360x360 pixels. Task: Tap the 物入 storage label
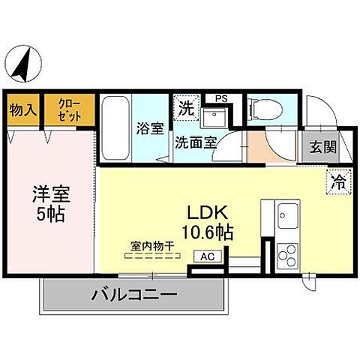click(x=22, y=110)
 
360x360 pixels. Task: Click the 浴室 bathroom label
click(x=150, y=128)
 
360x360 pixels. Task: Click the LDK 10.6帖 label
click(x=205, y=221)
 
